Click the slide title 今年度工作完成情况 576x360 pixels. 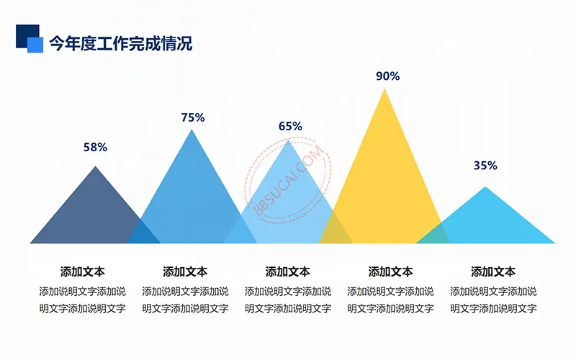[x=120, y=43]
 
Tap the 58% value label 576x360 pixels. [x=95, y=148]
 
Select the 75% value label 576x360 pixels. [x=193, y=117]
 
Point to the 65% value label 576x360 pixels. [x=290, y=127]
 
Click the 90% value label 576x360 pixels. [x=387, y=76]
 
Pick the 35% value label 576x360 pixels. [x=485, y=166]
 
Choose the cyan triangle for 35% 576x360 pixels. [x=485, y=224]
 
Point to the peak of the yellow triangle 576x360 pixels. [x=384, y=89]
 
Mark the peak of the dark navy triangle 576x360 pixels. [x=96, y=166]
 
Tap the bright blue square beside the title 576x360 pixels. [x=35, y=45]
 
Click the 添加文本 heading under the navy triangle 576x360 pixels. [x=82, y=272]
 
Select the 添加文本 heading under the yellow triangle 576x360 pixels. [x=390, y=272]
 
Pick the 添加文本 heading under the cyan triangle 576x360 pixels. [x=493, y=272]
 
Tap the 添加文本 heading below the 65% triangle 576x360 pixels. [x=287, y=272]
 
